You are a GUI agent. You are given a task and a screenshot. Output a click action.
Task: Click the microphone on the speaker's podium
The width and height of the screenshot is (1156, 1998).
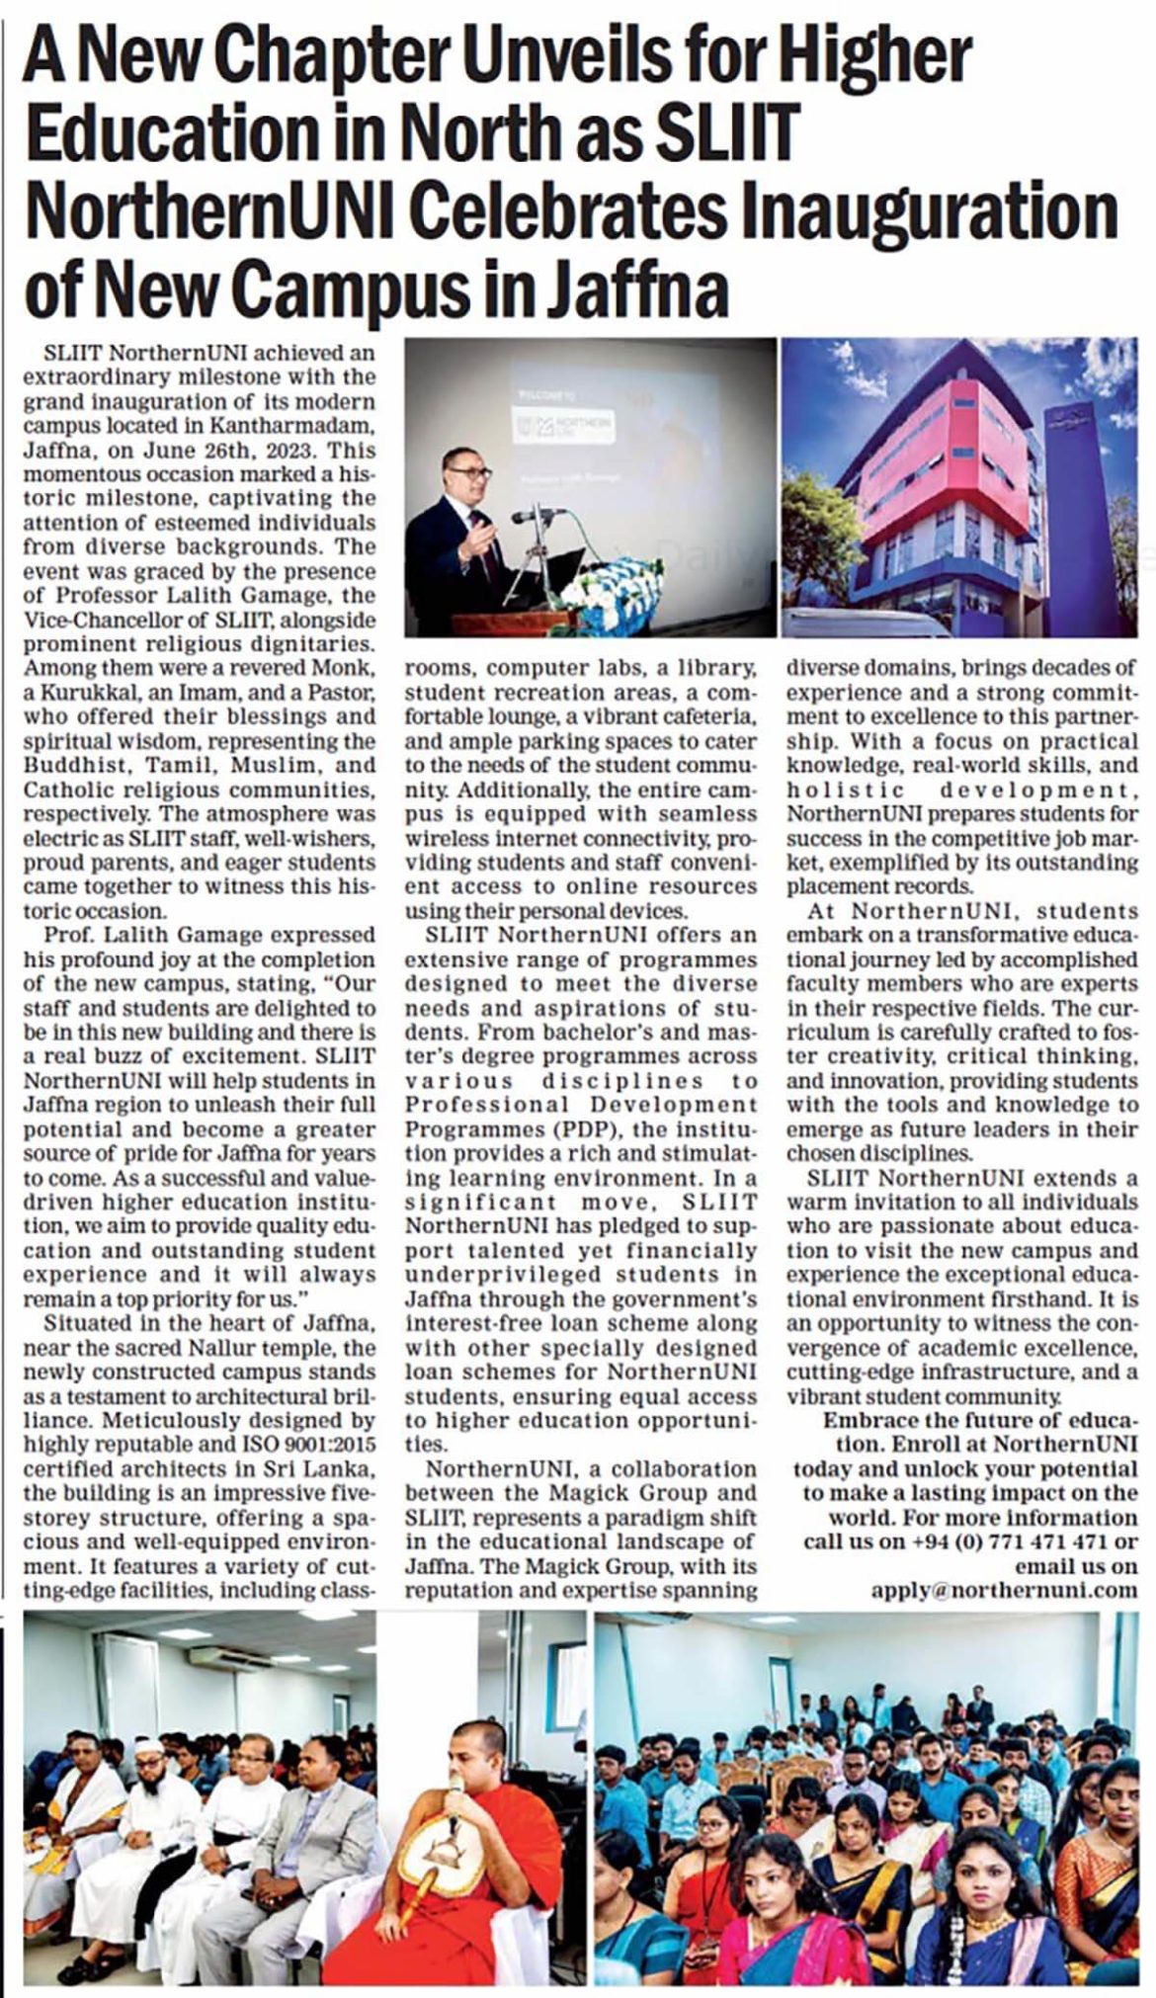539,515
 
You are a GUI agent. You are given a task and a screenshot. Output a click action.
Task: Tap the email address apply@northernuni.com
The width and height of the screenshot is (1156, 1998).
1004,1590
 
